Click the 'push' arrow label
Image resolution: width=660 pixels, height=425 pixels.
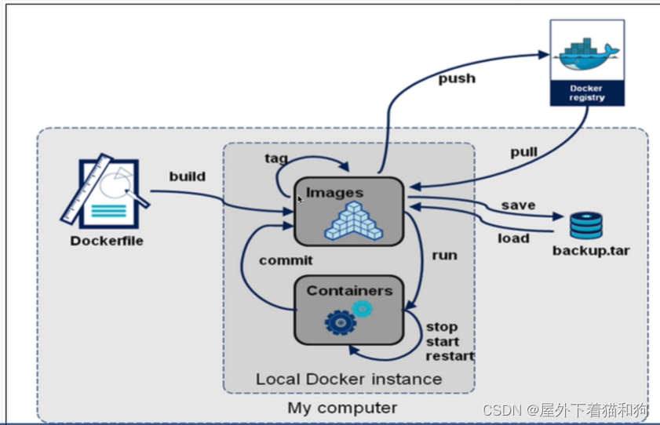455,78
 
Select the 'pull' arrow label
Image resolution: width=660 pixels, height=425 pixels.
524,151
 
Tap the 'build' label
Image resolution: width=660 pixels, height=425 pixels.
188,176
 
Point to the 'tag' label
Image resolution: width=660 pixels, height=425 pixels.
275,158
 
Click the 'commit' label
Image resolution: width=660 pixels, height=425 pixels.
286,260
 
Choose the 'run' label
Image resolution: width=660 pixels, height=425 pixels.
444,255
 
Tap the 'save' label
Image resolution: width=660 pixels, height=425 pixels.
518,205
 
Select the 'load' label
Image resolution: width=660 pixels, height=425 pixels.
514,238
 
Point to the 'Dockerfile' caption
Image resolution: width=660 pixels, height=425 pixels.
107,241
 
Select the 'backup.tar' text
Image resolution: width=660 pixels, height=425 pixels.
590,251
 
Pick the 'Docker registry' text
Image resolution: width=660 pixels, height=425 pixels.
588,94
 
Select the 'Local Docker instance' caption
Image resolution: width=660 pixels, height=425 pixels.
348,379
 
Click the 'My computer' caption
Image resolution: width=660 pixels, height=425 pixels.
342,408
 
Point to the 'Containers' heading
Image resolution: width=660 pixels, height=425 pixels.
349,290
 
